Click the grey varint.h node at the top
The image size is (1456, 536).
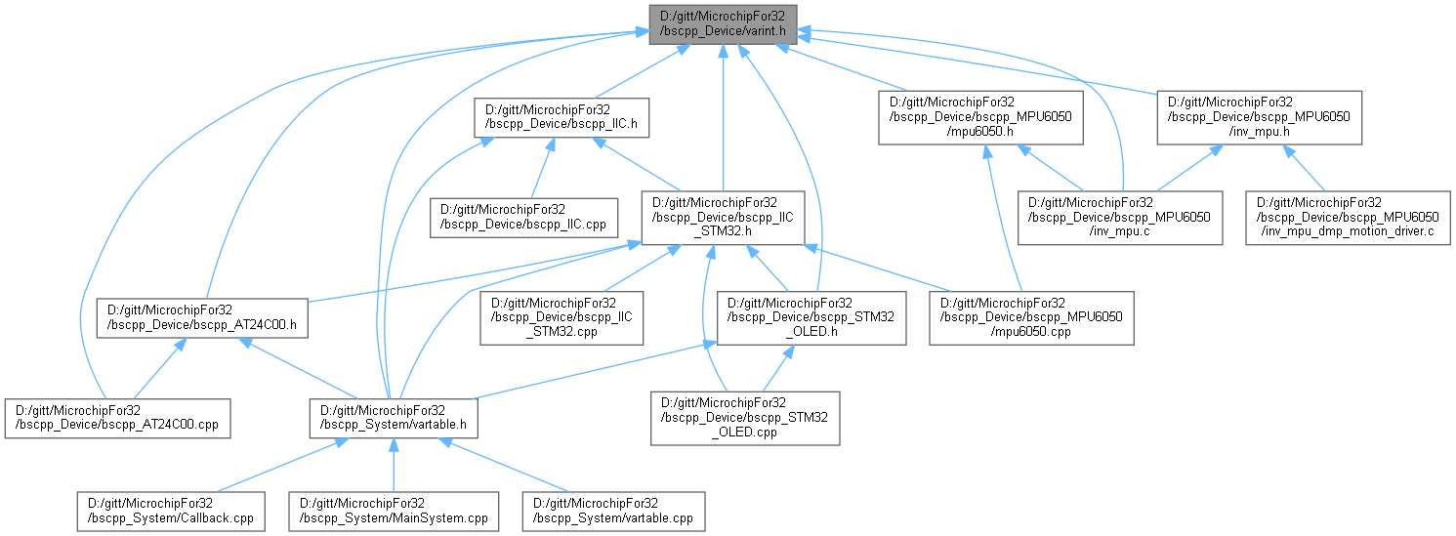723,23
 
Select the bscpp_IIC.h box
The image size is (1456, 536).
561,117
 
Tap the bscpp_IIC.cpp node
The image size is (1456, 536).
524,217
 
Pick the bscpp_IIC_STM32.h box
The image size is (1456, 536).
723,217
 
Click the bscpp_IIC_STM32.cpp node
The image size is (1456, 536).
562,319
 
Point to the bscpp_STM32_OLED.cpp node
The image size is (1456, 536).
745,419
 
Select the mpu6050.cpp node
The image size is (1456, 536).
1030,319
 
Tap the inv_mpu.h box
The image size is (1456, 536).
1261,117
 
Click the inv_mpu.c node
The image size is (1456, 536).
1119,217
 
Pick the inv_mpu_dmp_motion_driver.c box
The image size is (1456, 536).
1347,217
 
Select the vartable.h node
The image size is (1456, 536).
393,417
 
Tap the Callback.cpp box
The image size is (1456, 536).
171,512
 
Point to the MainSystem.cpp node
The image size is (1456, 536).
393,512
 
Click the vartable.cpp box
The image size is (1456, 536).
612,512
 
